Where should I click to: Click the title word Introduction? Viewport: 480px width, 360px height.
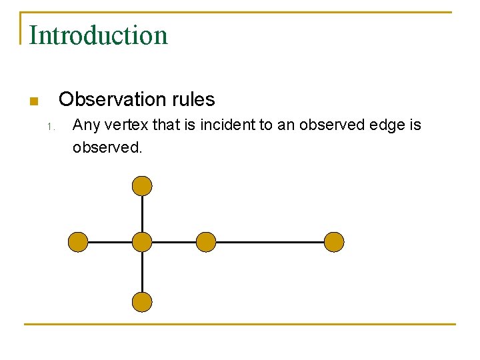pos(99,35)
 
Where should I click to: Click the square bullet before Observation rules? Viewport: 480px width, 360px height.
pos(34,101)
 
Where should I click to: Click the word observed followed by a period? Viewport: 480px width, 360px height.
pos(107,147)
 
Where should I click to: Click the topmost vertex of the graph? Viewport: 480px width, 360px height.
pos(142,185)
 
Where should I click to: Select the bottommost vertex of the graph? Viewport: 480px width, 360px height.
pos(142,302)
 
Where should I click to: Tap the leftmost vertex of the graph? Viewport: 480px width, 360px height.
pos(79,242)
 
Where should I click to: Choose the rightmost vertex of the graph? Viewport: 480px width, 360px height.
pos(334,242)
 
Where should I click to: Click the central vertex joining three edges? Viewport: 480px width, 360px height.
pos(142,242)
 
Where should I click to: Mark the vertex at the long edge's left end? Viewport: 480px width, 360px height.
pos(206,242)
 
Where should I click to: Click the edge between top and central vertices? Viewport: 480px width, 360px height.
pos(142,213)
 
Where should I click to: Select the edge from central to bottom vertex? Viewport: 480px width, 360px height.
pos(142,272)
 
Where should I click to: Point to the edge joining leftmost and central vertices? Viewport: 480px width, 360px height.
pos(110,242)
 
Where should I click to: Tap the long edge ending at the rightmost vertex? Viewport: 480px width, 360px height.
pos(270,242)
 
